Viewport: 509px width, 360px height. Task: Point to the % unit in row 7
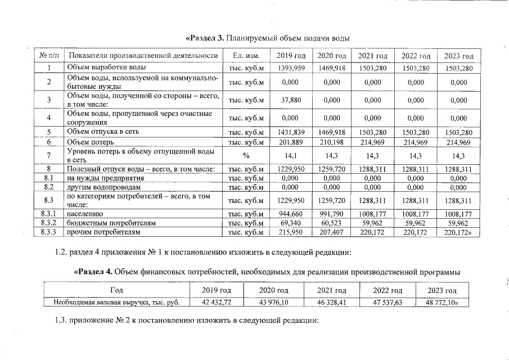click(x=246, y=156)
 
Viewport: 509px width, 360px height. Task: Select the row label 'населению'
click(x=85, y=214)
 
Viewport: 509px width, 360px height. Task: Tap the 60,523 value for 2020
click(x=332, y=223)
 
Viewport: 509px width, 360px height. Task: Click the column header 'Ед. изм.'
click(x=246, y=56)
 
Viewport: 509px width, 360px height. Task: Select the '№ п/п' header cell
click(x=49, y=56)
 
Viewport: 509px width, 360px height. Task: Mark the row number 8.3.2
click(x=49, y=223)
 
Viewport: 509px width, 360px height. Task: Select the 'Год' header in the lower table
click(x=117, y=290)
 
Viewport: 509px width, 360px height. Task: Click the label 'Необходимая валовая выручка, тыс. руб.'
click(x=117, y=303)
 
